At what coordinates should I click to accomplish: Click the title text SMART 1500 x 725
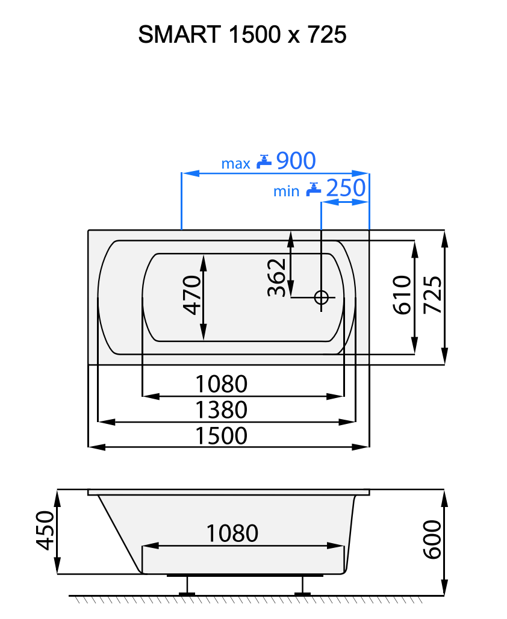point(242,35)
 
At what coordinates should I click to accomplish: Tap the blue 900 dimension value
point(295,161)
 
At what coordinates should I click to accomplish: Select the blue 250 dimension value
point(345,189)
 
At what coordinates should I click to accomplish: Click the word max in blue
point(235,163)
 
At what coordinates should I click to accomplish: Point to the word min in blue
point(286,191)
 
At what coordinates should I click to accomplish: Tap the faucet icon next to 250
point(313,189)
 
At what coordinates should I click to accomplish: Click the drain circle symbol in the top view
point(321,297)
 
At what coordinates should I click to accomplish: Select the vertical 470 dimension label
point(192,295)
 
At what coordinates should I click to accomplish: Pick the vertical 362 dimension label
point(276,278)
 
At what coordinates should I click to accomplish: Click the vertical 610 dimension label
point(402,295)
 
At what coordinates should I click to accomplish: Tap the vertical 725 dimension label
point(433,295)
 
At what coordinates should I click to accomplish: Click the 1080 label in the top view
point(222,383)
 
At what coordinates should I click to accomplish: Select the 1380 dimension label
point(222,409)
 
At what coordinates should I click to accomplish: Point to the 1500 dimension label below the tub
point(222,435)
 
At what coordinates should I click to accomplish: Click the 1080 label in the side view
point(232,533)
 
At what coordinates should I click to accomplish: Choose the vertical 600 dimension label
point(432,540)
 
